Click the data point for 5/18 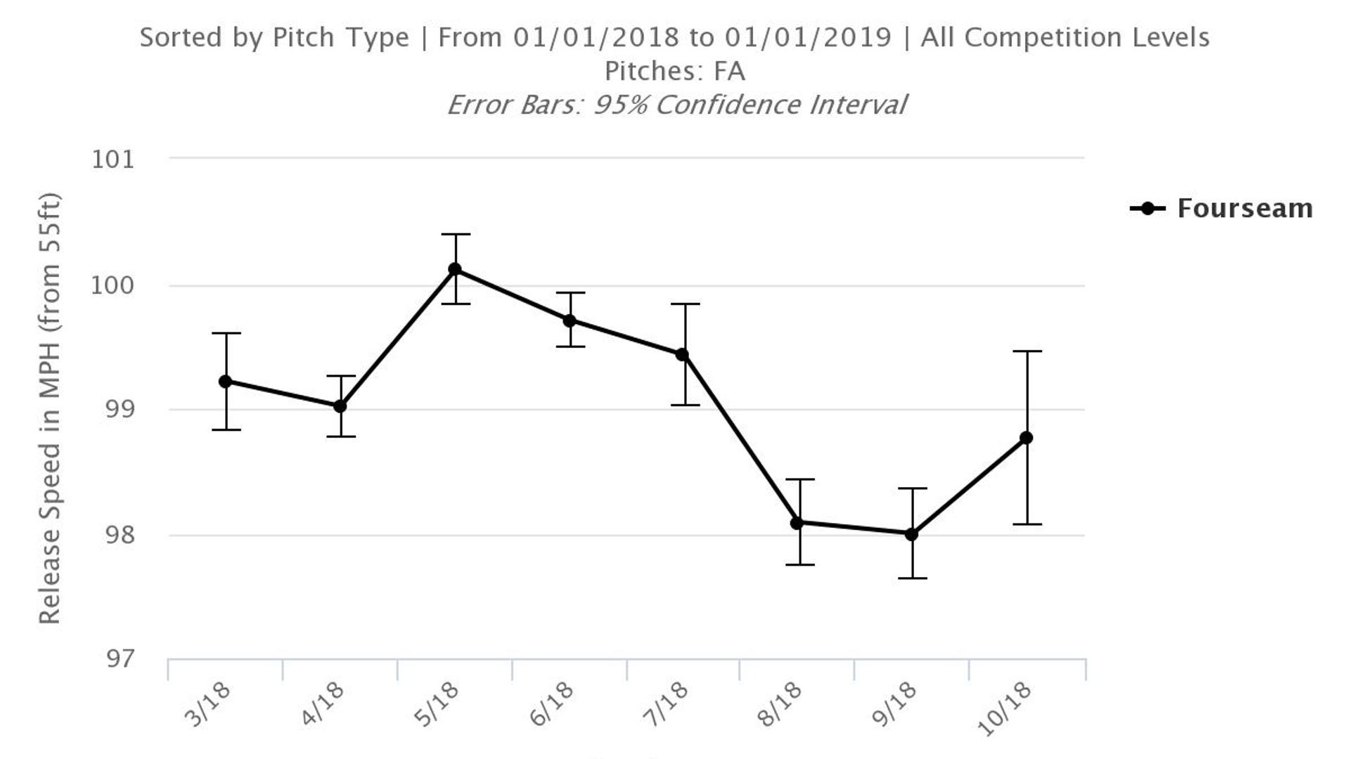tap(455, 269)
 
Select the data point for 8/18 tap(797, 523)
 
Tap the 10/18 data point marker tap(1027, 438)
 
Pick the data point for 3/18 tap(226, 382)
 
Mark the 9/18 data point tap(912, 534)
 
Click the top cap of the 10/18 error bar tap(1027, 351)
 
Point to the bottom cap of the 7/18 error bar tap(684, 405)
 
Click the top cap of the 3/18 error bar tap(226, 333)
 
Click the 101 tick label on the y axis tap(112, 160)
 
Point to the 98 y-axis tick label tap(119, 536)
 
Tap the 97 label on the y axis tap(120, 659)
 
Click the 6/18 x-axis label tap(553, 704)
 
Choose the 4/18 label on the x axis tap(323, 704)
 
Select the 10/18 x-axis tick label tap(1005, 708)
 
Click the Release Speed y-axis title tap(49, 408)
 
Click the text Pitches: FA tap(674, 71)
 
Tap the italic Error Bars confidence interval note tap(676, 105)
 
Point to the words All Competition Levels tap(1065, 37)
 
